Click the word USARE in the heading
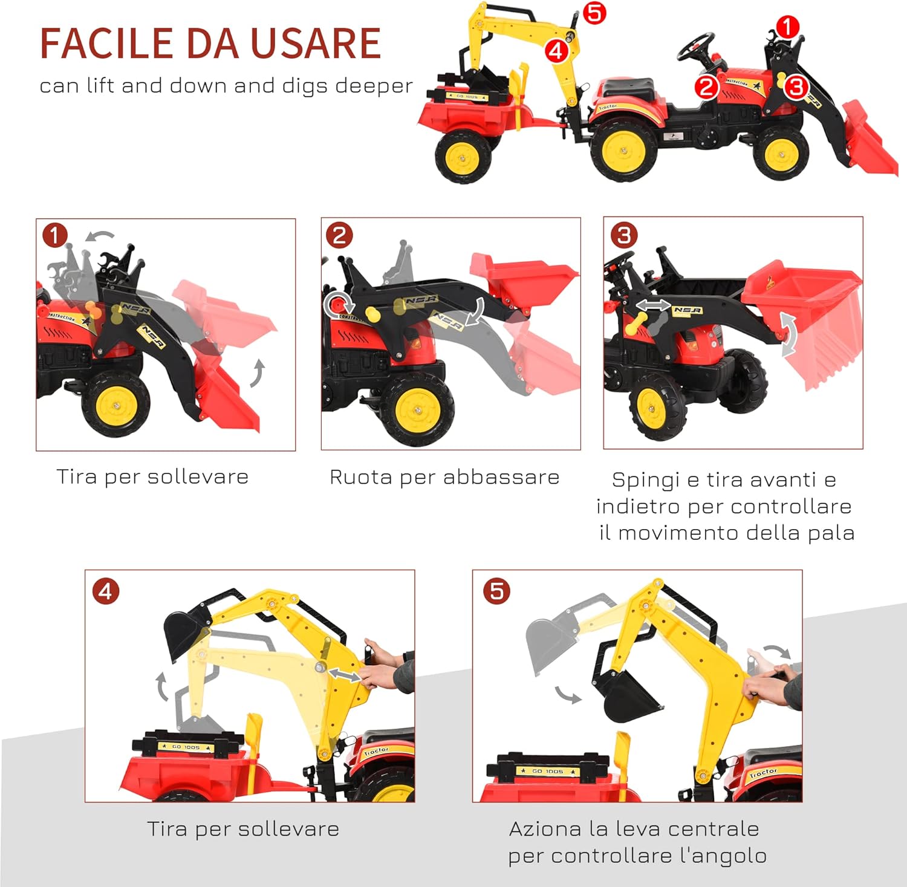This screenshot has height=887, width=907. [x=316, y=43]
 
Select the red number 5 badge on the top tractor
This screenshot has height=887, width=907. [x=594, y=13]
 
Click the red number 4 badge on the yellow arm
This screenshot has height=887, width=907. [x=556, y=51]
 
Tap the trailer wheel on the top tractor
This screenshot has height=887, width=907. [x=463, y=157]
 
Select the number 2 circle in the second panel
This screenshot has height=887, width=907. [x=339, y=235]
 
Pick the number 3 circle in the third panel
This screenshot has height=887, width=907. [x=624, y=235]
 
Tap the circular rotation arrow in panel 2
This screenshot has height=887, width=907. [x=339, y=305]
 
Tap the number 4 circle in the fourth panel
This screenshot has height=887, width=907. [x=106, y=591]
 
